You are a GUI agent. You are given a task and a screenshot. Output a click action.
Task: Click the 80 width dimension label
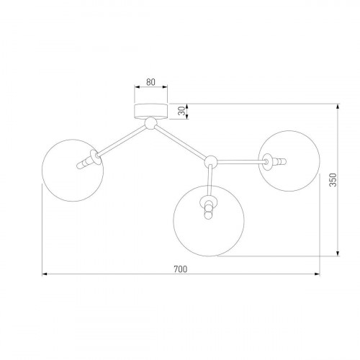[151, 82]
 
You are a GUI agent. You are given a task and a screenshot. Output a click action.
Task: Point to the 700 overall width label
[180, 269]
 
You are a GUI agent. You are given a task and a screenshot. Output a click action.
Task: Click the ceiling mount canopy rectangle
[151, 110]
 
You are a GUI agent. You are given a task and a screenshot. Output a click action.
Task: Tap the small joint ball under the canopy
[150, 125]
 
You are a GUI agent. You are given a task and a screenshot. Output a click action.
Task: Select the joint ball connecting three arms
[211, 161]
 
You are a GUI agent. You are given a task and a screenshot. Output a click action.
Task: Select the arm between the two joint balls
[180, 143]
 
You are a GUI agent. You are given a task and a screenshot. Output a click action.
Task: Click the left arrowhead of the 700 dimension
[44, 274]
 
